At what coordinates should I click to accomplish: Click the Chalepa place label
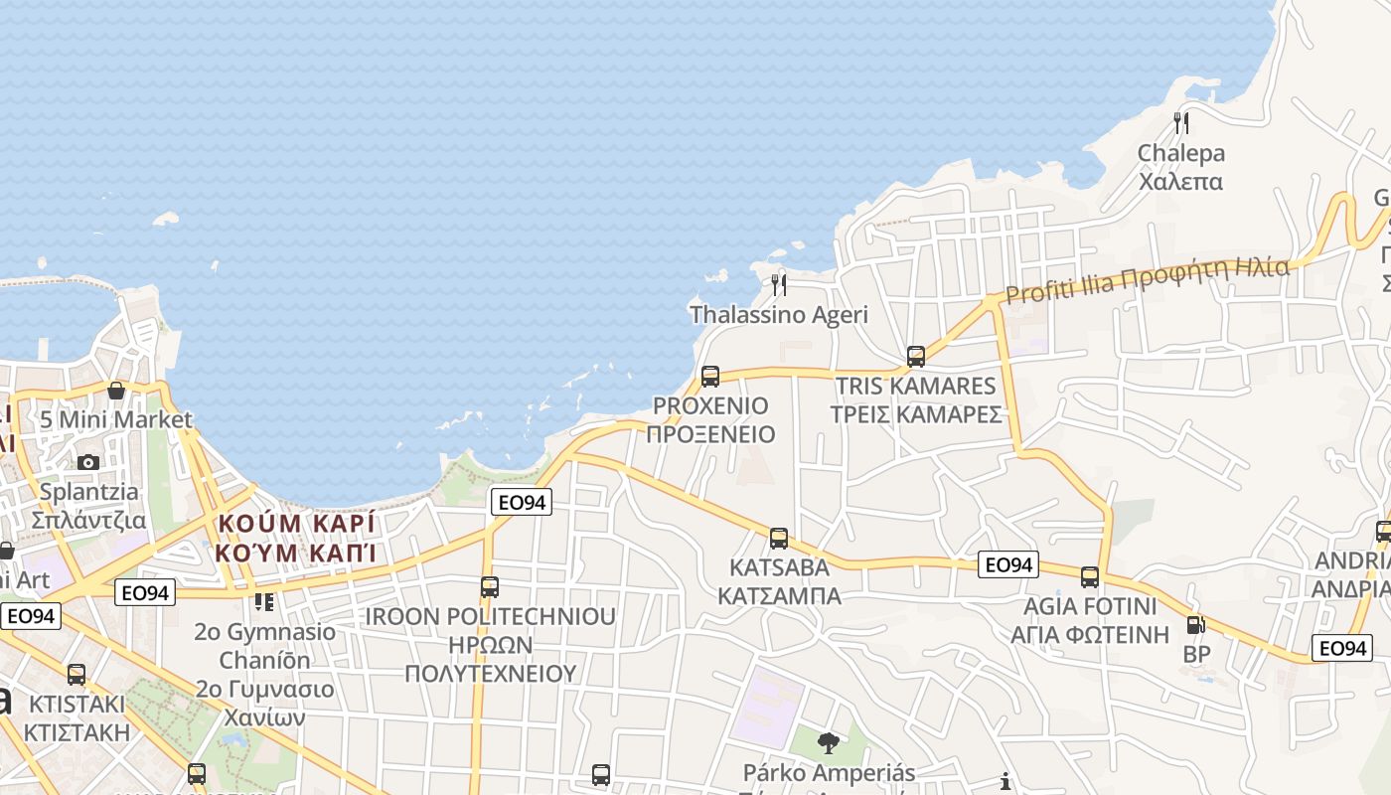(x=1180, y=167)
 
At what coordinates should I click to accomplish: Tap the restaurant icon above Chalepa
(x=1180, y=123)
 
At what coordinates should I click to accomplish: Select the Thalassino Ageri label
(x=779, y=315)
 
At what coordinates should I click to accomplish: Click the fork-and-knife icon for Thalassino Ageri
(x=779, y=285)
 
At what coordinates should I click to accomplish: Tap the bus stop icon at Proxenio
(x=709, y=377)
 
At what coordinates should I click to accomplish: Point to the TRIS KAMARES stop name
(x=915, y=399)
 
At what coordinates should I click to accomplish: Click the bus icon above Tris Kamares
(x=915, y=356)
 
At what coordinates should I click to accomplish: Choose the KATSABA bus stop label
(x=779, y=581)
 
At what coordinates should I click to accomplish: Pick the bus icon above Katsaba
(x=779, y=539)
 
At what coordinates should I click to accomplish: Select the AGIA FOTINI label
(x=1090, y=620)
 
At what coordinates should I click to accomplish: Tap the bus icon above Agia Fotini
(x=1090, y=576)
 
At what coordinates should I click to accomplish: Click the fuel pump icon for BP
(x=1196, y=625)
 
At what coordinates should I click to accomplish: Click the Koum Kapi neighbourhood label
(x=297, y=537)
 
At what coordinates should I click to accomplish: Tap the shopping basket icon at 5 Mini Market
(x=116, y=391)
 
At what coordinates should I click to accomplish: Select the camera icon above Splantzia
(x=88, y=462)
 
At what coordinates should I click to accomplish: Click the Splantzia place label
(x=89, y=506)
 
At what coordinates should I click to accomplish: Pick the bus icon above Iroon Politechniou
(x=489, y=586)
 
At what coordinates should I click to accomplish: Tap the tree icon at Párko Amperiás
(x=828, y=742)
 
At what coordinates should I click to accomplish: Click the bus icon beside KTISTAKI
(x=77, y=675)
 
